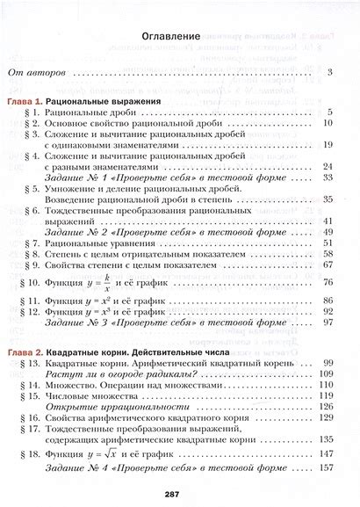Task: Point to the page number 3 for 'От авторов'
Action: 328,71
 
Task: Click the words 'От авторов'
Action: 37,71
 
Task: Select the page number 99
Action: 328,362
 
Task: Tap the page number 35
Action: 327,199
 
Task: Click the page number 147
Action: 327,454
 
